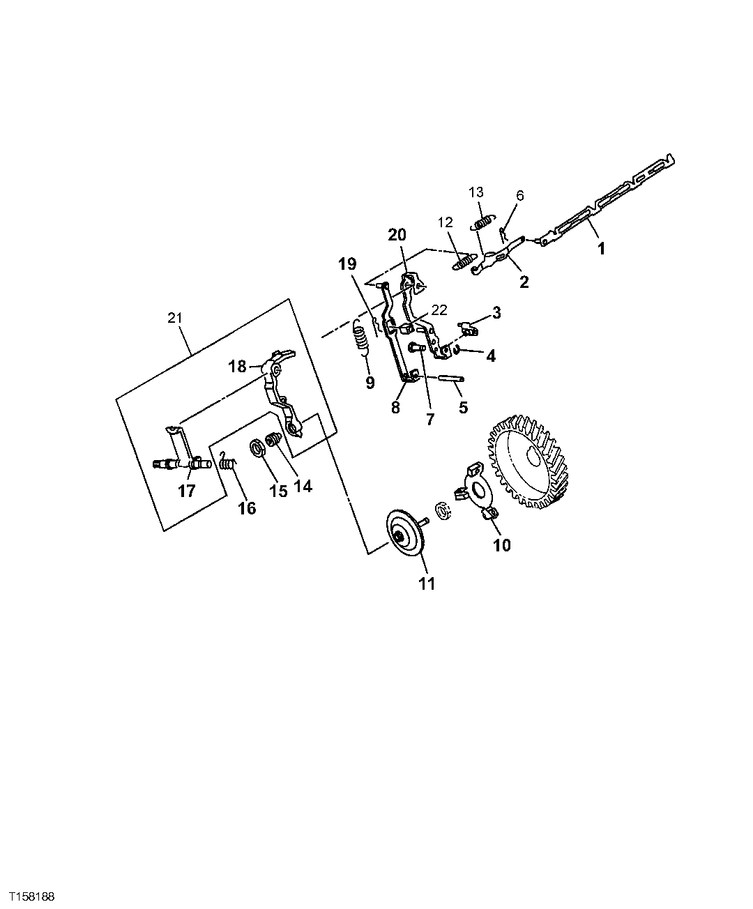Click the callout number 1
click(x=600, y=247)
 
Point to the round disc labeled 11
click(x=404, y=535)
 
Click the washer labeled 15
click(x=256, y=448)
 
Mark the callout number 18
click(x=238, y=366)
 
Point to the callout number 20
click(x=397, y=235)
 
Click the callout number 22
click(x=439, y=309)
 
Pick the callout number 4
click(x=491, y=356)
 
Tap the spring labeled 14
click(x=275, y=441)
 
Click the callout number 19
click(x=347, y=264)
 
